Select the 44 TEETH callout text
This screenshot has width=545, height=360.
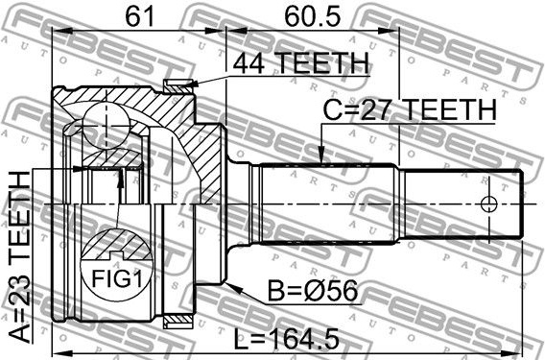pyautogui.click(x=300, y=63)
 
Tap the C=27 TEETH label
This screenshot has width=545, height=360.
pyautogui.click(x=410, y=109)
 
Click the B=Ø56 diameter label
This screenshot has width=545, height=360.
pyautogui.click(x=313, y=291)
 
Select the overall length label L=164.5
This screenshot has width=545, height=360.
pyautogui.click(x=286, y=340)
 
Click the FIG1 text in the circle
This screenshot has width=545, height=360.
pyautogui.click(x=117, y=278)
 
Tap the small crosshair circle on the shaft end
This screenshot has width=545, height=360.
pyautogui.click(x=488, y=204)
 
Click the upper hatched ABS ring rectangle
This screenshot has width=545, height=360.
pyautogui.click(x=178, y=86)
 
